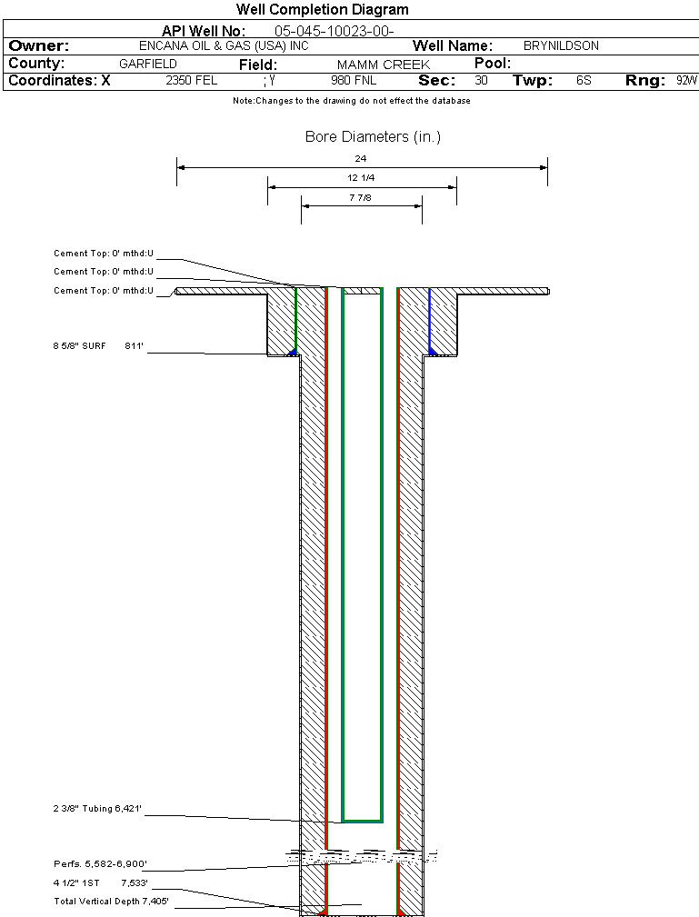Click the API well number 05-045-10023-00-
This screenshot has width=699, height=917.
tap(334, 31)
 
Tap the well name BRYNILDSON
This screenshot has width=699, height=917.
tap(561, 45)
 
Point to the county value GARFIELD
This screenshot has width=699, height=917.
tap(148, 65)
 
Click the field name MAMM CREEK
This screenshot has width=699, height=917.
tap(384, 65)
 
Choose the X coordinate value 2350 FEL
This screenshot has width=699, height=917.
tap(191, 81)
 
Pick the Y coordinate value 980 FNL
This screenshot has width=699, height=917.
tap(354, 81)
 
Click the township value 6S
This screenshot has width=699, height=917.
tap(584, 81)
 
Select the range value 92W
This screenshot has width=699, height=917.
tap(686, 81)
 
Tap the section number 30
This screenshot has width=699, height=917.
tap(481, 81)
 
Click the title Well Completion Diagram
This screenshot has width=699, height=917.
tap(323, 10)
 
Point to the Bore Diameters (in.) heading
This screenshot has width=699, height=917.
tap(373, 137)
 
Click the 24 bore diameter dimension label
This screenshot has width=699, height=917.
tap(361, 158)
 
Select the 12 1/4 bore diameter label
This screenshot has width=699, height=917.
tap(361, 178)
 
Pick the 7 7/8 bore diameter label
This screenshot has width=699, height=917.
tap(361, 196)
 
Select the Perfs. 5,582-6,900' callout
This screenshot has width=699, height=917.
tap(100, 863)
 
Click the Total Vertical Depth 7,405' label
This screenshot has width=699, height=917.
tap(111, 902)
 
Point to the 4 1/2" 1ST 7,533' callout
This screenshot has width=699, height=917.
tap(100, 882)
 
